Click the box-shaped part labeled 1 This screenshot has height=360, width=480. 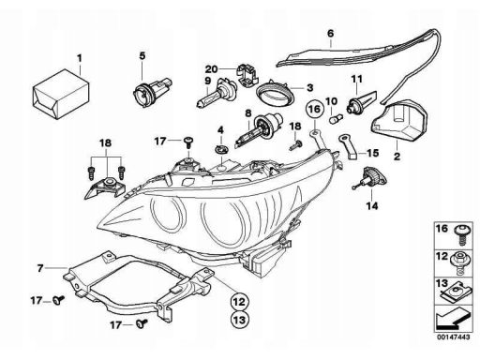coord(61,94)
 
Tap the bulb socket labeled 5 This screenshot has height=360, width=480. coord(151,91)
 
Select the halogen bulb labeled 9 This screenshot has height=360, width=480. coord(213,96)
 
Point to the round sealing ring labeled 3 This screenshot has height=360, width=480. coord(275,94)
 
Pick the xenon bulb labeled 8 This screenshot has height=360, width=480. coord(259,130)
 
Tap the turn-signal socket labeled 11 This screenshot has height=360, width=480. coord(361,102)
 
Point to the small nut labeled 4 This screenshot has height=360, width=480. coord(221,149)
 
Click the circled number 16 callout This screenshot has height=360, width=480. coord(314,110)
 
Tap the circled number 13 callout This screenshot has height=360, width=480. coord(239,320)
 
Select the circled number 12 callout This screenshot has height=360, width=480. coord(239,302)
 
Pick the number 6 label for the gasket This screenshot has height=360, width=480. coord(331,33)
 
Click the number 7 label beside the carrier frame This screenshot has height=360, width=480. coord(39,268)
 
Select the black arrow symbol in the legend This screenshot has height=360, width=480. coord(451,319)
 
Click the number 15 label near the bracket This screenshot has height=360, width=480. coord(372,153)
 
